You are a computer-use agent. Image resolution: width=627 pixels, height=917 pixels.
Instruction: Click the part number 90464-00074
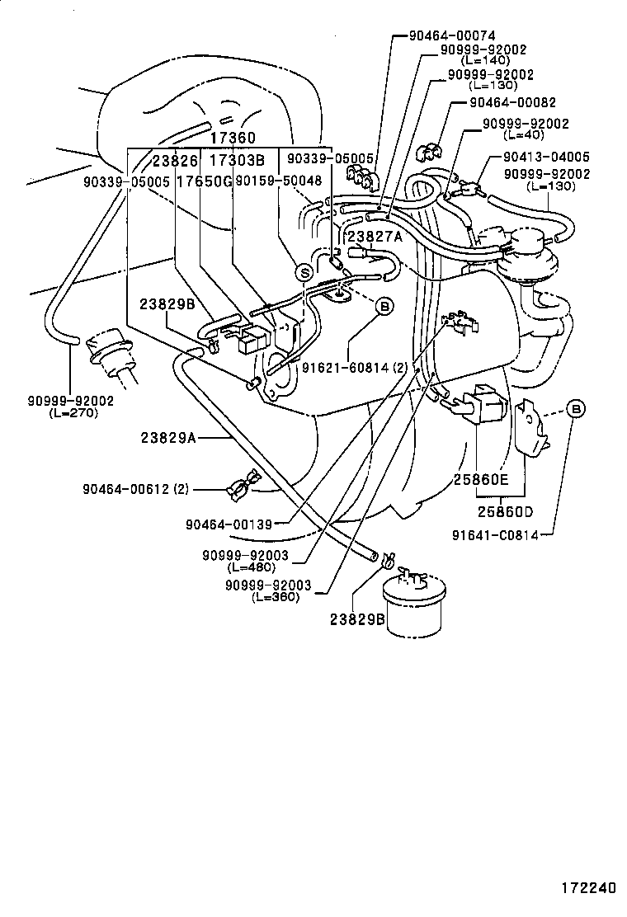click(452, 36)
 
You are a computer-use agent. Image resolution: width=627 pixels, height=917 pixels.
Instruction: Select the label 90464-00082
click(512, 103)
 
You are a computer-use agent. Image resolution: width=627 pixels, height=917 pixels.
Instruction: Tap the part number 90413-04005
click(545, 157)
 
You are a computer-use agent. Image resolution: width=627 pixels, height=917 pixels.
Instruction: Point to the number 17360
click(232, 138)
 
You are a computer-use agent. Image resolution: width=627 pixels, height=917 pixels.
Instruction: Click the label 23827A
click(374, 236)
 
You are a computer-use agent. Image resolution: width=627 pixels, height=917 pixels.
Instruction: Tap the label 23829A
click(167, 438)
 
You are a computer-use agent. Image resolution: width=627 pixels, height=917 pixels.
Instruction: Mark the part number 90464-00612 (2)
click(135, 489)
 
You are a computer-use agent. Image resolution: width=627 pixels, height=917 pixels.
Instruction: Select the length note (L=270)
click(73, 413)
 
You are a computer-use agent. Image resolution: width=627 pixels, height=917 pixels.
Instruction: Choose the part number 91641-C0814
click(495, 534)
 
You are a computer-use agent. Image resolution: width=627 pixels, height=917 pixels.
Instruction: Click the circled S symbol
click(304, 271)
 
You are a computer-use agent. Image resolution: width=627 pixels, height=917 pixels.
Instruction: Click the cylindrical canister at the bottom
click(413, 609)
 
